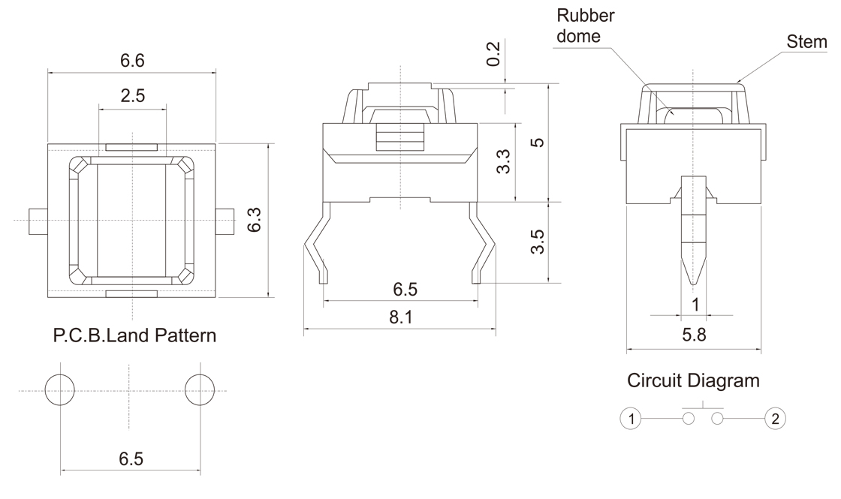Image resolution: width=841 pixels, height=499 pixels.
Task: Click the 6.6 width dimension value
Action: coord(132,61)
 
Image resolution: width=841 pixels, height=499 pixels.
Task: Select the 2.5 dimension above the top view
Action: coord(132,95)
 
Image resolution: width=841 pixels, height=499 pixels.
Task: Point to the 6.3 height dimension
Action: coord(255,219)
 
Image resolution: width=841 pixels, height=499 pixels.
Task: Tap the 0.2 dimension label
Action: coord(493,54)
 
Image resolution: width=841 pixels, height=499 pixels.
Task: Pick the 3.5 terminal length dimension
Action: coord(537,242)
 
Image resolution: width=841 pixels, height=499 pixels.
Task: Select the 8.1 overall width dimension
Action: coord(401,317)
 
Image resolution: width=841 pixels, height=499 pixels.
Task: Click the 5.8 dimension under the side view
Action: coord(693,336)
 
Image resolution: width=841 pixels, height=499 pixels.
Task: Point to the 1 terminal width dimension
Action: coord(695,304)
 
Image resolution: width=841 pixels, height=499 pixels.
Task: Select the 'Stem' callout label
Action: coord(806,43)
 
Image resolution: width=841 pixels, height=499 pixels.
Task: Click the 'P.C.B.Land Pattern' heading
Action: coord(135,335)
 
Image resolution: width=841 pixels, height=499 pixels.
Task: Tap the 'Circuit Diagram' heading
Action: coord(693,380)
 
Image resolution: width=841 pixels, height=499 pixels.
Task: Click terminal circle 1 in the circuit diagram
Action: coord(633,418)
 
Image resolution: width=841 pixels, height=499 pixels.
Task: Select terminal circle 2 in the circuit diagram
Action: coord(775,418)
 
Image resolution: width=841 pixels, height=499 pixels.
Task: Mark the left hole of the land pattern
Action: coord(60,390)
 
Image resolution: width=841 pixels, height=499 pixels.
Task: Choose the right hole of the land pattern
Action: coord(200,390)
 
